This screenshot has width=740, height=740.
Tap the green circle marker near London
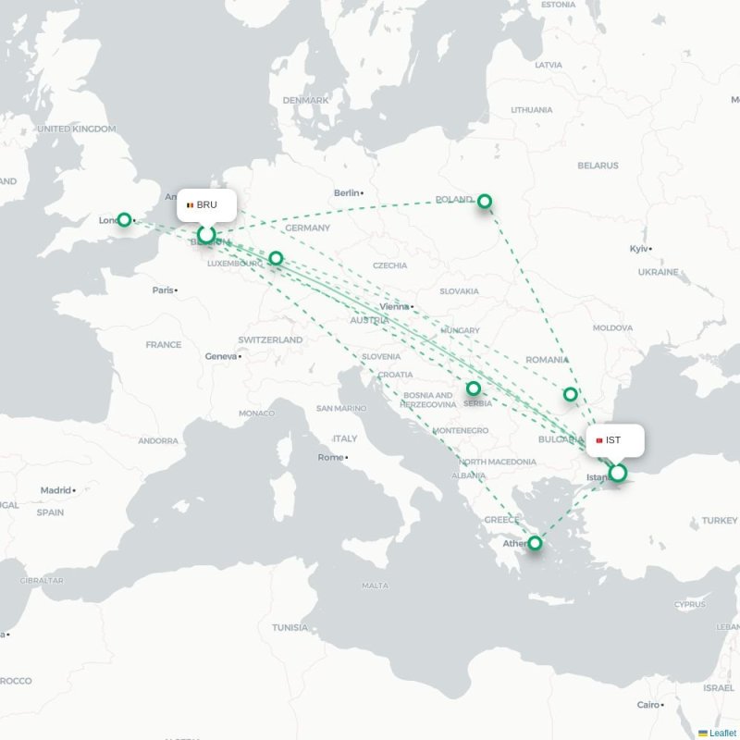[124, 220]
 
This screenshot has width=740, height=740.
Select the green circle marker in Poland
[484, 201]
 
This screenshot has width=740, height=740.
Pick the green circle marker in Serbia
[474, 388]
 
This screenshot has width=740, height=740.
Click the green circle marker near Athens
[535, 543]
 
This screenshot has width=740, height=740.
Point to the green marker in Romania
[571, 395]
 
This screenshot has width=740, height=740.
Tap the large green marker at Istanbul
[618, 474]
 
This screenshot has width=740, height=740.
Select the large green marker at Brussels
[206, 235]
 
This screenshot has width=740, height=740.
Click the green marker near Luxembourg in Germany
[276, 259]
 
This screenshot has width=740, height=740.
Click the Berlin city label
[347, 193]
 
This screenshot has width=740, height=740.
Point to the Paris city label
[163, 290]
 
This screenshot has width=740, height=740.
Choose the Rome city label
[330, 457]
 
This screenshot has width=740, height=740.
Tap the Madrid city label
[55, 490]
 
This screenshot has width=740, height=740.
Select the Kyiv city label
[639, 249]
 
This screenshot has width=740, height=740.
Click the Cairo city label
[647, 705]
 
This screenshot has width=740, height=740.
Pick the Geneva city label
[221, 356]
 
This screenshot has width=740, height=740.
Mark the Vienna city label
[393, 307]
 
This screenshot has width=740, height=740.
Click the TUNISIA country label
[290, 627]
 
